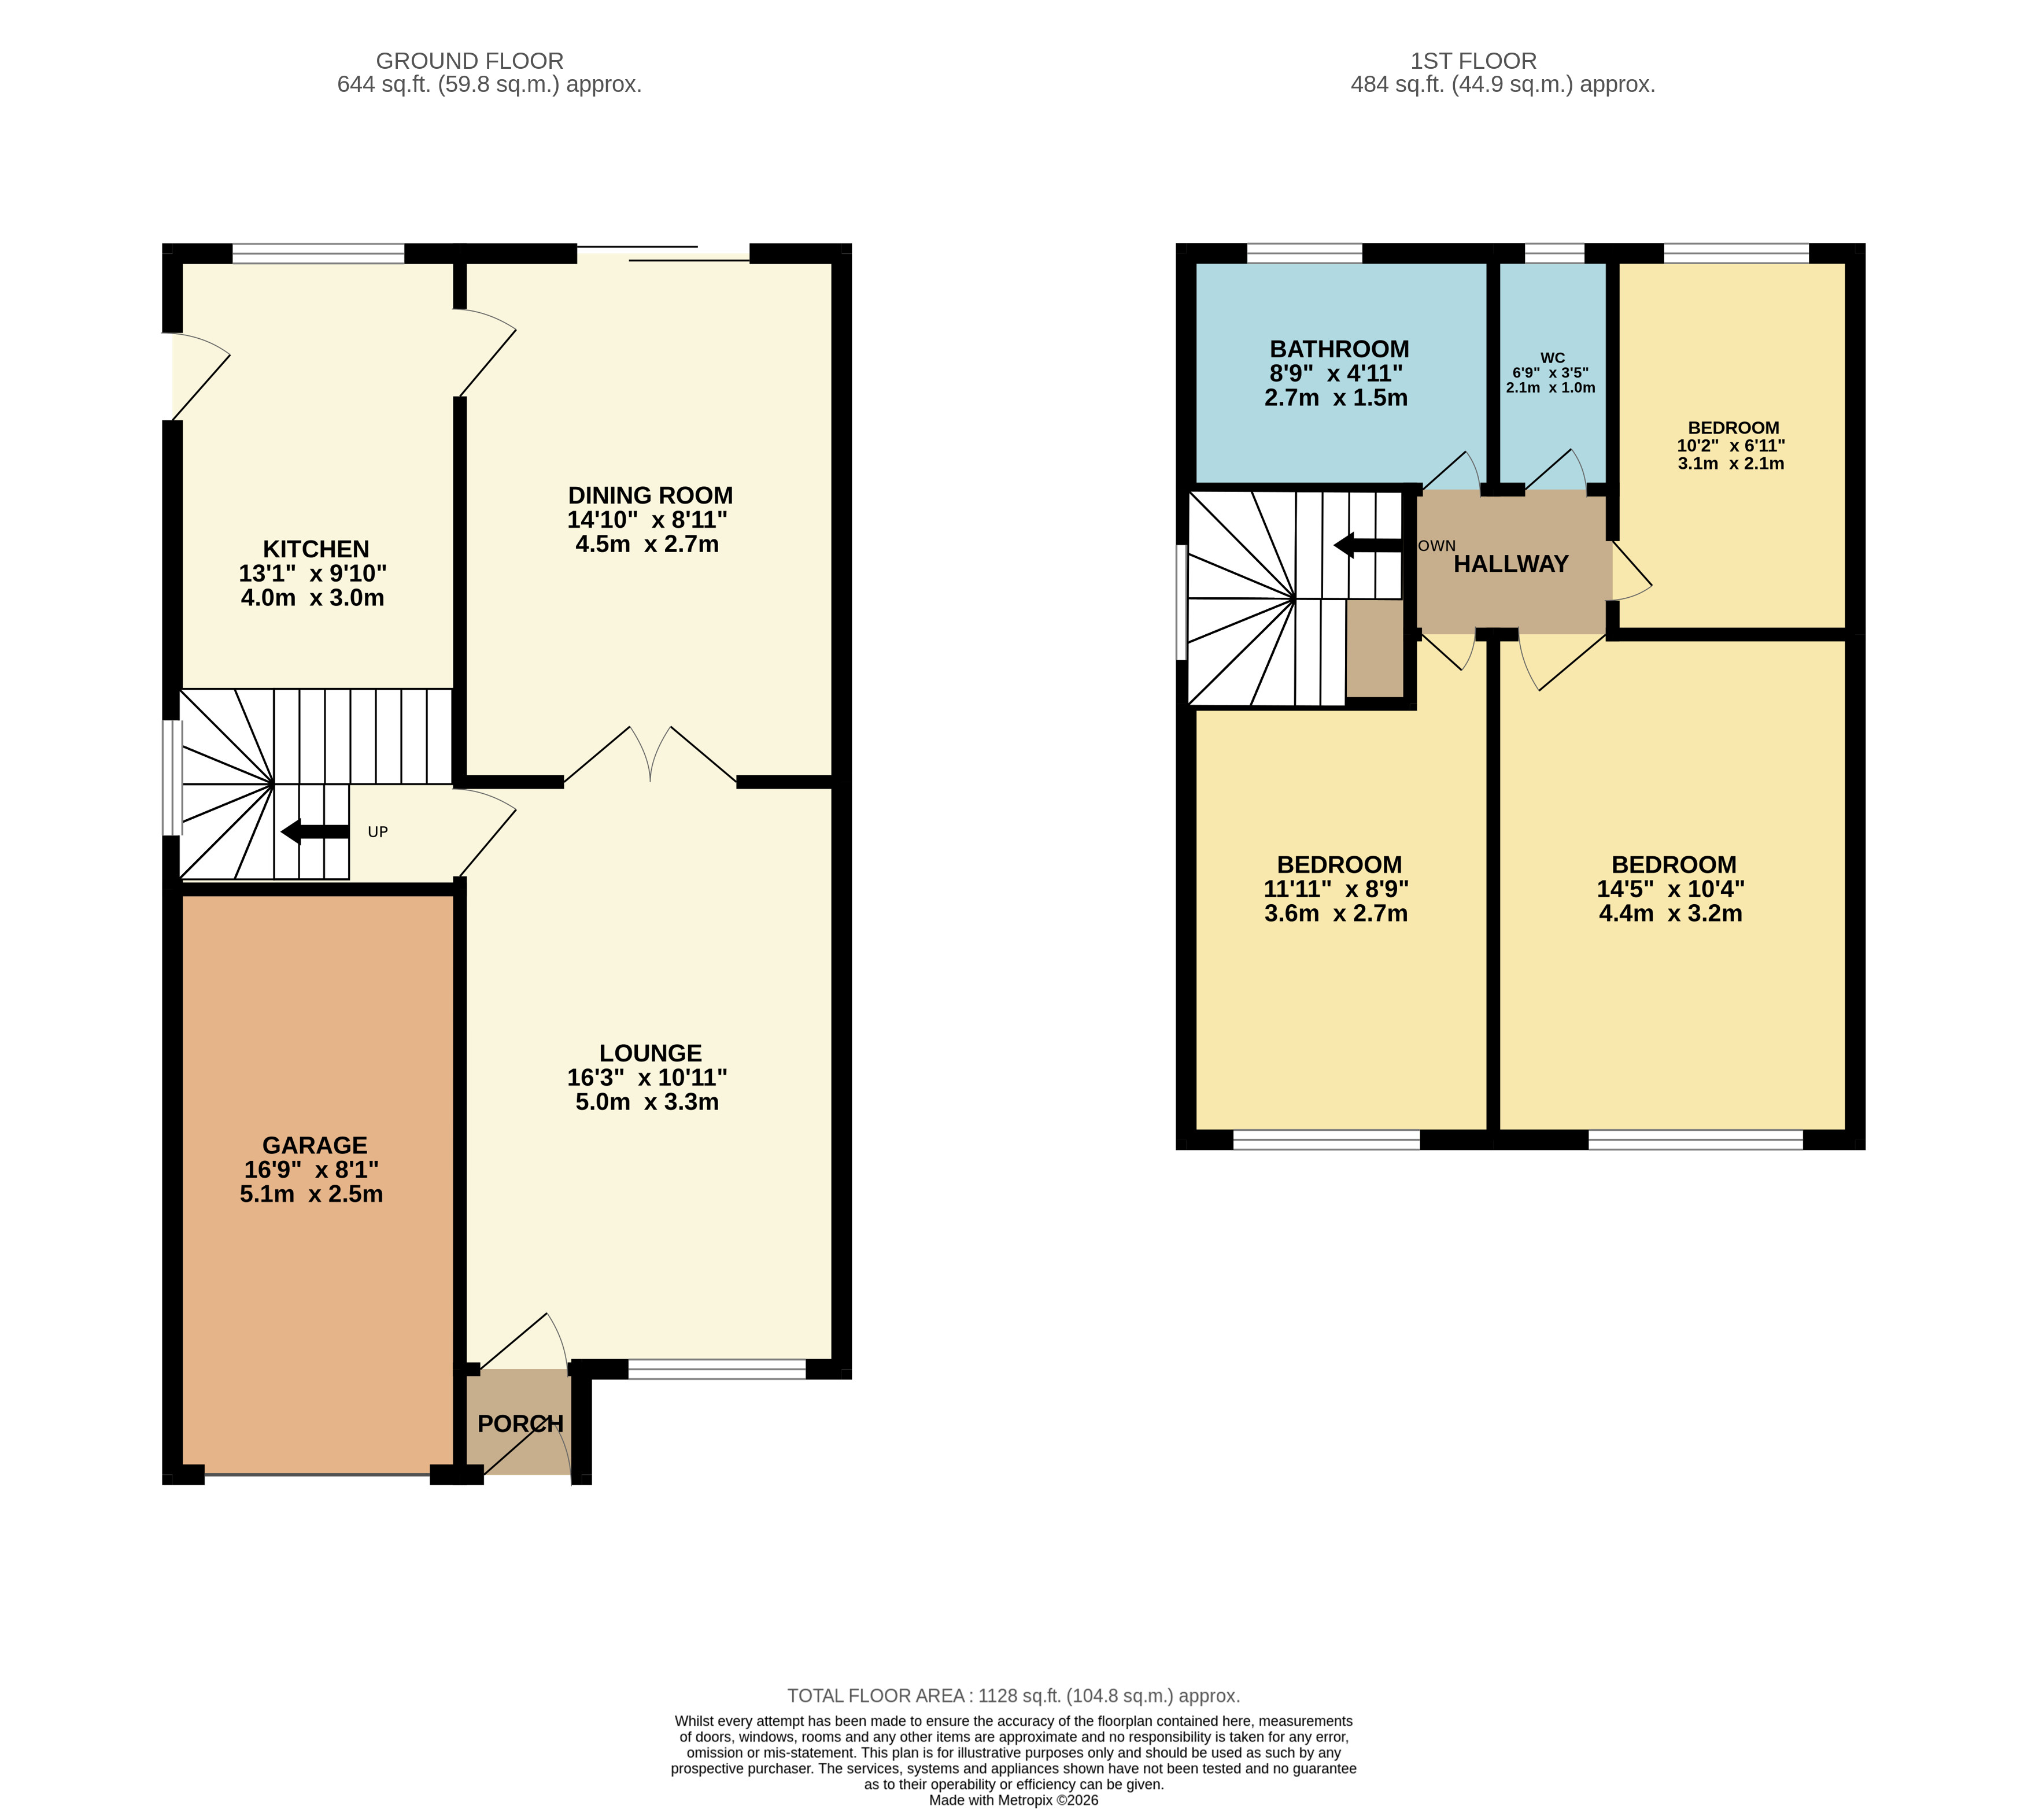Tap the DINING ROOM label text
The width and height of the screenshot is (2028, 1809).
[x=650, y=495]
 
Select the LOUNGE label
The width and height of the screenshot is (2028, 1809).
[x=650, y=1053]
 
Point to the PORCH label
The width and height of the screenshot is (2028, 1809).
[x=520, y=1423]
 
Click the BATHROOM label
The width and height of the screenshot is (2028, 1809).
[x=1339, y=349]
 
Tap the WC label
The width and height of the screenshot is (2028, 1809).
[x=1552, y=358]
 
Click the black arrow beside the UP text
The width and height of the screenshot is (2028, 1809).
[x=315, y=832]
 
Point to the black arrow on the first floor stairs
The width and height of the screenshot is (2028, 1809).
[x=1368, y=545]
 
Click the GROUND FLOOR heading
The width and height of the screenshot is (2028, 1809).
[x=469, y=61]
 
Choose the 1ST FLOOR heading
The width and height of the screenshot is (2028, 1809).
[x=1473, y=61]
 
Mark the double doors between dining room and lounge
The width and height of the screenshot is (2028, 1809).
[x=650, y=756]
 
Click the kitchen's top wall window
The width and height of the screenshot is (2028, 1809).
[x=318, y=253]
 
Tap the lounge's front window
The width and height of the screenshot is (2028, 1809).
[x=716, y=1368]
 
